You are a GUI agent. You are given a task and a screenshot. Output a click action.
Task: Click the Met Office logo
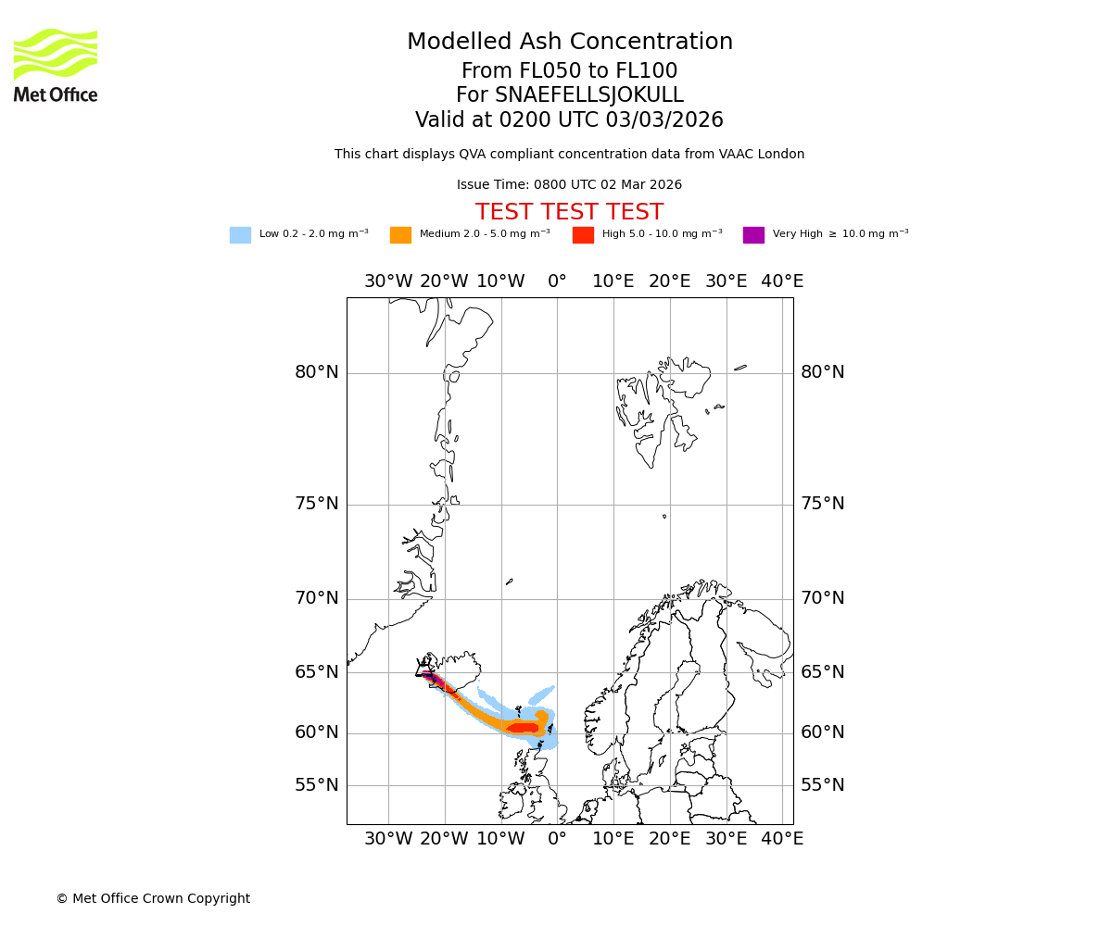56,65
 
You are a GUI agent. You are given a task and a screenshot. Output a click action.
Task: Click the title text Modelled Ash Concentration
569,43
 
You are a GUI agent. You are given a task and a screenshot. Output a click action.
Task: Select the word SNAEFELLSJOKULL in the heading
590,95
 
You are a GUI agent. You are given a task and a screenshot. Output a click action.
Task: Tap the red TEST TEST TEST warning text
569,212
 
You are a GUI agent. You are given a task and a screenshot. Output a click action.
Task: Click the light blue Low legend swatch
240,235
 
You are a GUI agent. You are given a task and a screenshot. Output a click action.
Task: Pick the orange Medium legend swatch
400,235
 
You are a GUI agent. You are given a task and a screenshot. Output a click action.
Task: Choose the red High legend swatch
583,235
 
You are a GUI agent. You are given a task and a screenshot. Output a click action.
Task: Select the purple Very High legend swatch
753,235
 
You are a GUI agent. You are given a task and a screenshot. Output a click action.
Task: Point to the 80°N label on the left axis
317,372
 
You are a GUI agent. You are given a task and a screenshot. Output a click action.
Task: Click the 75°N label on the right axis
823,504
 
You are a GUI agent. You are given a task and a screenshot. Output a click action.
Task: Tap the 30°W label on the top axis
388,282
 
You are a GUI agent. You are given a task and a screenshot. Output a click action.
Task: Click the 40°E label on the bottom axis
782,839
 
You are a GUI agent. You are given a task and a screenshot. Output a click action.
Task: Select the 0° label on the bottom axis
557,839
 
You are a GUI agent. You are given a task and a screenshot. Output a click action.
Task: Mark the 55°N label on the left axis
317,785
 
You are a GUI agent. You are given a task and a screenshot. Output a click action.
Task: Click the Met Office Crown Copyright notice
153,899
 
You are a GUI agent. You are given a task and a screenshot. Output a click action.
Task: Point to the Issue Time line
569,185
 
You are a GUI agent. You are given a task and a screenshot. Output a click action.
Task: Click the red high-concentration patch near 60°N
523,728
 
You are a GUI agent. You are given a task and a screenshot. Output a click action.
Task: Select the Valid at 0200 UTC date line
569,120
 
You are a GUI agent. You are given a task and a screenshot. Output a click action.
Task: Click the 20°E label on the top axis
670,282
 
